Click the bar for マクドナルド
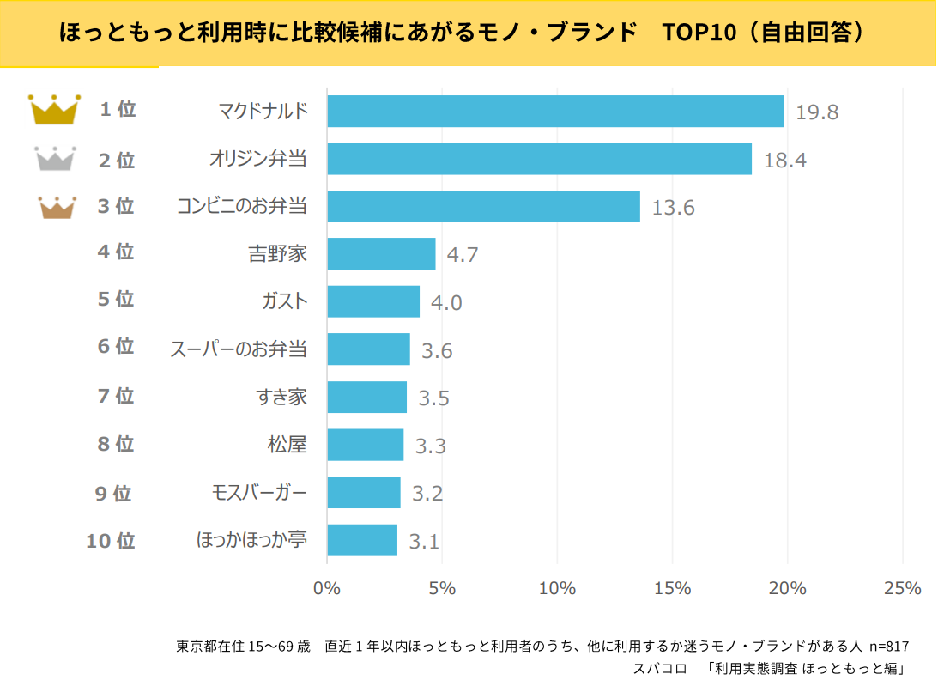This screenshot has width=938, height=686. [x=555, y=111]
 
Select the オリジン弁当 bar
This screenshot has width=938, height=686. [x=539, y=159]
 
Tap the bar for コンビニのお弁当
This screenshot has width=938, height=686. [x=483, y=206]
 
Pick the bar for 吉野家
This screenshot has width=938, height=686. [x=381, y=254]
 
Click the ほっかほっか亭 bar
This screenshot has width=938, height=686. [x=362, y=540]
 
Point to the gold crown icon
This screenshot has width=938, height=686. [x=54, y=109]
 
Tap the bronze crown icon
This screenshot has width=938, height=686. [x=57, y=207]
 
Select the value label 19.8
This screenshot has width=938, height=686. [x=816, y=112]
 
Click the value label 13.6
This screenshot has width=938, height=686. [x=673, y=208]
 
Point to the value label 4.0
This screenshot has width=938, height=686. [x=446, y=303]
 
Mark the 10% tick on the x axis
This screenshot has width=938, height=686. [x=557, y=588]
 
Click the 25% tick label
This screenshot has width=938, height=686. [x=902, y=588]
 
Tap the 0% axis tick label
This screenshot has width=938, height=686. [x=327, y=588]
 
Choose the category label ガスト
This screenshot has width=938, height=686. [x=284, y=301]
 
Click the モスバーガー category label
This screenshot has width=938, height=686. [x=258, y=493]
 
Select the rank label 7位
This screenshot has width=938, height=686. [x=116, y=396]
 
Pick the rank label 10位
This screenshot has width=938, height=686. [x=111, y=541]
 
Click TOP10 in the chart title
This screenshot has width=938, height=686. [x=699, y=33]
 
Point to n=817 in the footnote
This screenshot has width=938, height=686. [x=889, y=646]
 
